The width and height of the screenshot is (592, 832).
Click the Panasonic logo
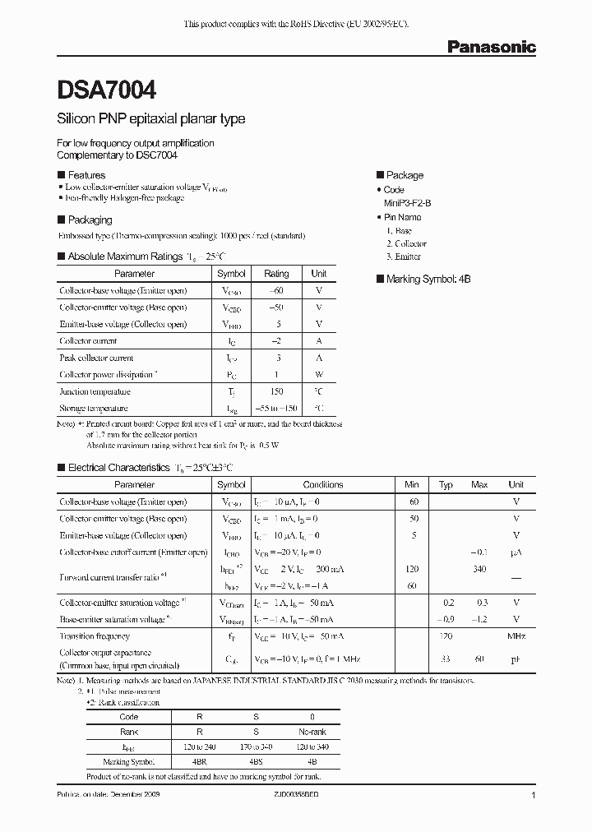(x=491, y=47)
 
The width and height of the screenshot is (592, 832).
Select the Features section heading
(x=86, y=175)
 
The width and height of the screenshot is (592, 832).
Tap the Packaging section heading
(x=90, y=220)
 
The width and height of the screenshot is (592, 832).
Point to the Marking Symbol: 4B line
(x=428, y=280)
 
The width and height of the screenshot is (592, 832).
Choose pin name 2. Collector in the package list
(x=406, y=244)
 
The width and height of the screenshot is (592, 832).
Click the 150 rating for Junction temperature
(x=276, y=392)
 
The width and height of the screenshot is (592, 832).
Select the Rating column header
(x=276, y=274)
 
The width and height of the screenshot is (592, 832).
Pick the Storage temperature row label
(x=94, y=409)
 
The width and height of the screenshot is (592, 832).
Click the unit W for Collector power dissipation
(x=319, y=375)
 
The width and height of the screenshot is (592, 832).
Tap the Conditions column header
(x=323, y=485)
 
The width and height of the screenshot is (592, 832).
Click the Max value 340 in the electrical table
(x=479, y=569)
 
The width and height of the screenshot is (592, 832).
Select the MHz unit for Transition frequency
(x=516, y=636)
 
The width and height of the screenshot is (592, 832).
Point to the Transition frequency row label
(x=95, y=636)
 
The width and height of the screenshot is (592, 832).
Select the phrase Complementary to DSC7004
(x=117, y=155)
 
